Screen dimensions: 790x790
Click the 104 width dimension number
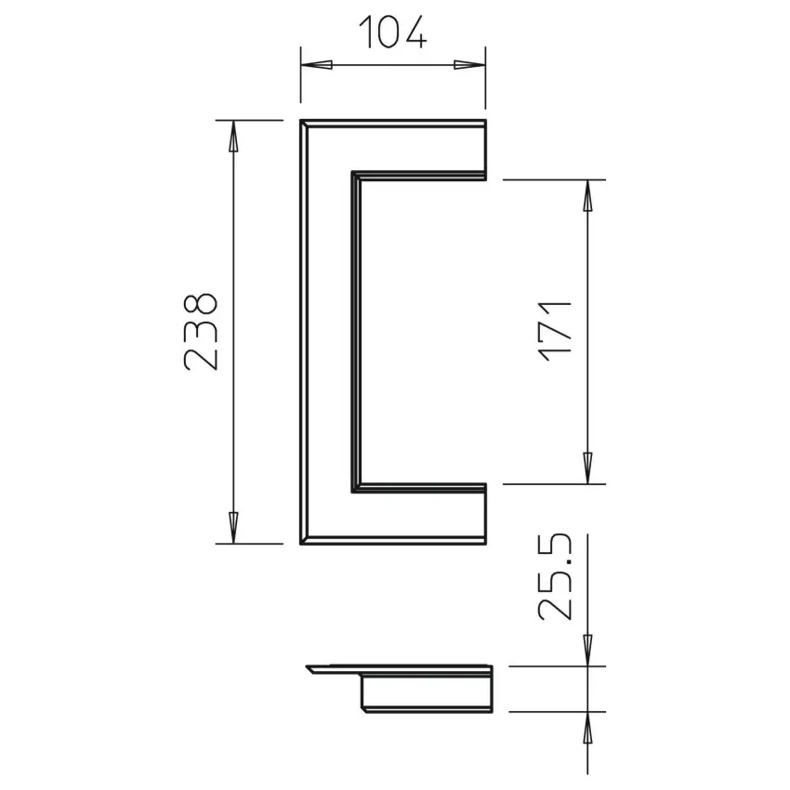tap(392, 33)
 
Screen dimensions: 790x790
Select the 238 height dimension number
tap(201, 332)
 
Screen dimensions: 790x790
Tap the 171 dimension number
tap(556, 331)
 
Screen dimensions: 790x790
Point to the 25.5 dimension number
tap(555, 576)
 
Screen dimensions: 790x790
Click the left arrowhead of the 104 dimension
tap(316, 65)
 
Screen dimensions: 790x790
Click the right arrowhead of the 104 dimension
tap(469, 65)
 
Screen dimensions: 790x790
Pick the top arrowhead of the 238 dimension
tap(232, 136)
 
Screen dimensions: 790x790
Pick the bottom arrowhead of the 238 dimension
tap(232, 528)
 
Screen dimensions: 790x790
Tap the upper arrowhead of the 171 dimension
tap(587, 195)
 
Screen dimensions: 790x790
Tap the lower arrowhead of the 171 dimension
tap(587, 468)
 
